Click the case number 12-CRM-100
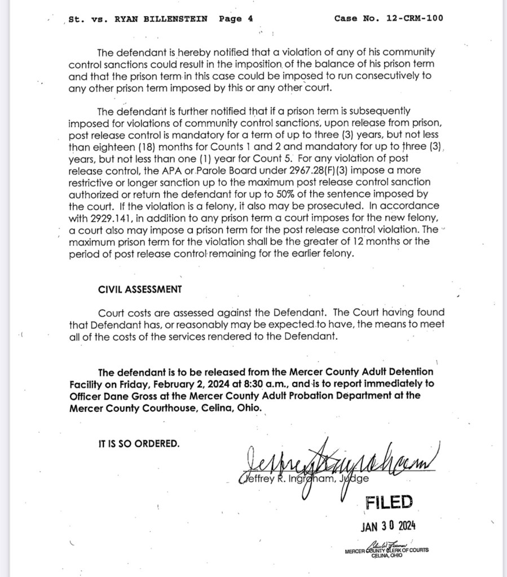coord(415,18)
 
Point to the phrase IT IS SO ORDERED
coord(139,443)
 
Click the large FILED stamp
coord(389,501)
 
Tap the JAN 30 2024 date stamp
coord(388,526)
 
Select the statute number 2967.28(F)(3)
coord(321,170)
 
